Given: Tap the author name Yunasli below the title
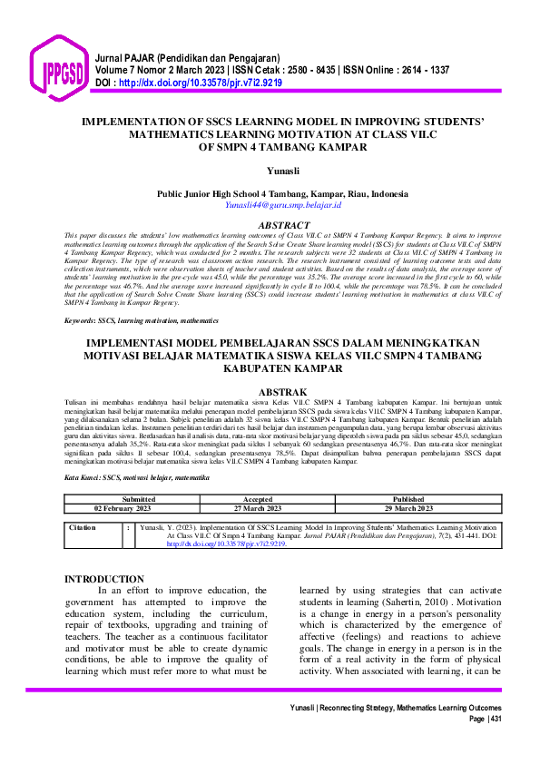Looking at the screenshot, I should pos(270,169).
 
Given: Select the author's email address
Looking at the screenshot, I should pos(270,206).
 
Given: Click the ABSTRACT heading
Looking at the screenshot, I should pos(270,224).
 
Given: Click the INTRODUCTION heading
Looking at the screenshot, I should pos(106,579).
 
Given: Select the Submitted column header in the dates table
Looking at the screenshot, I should pos(137,499).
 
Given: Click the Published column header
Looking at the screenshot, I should pos(407,499).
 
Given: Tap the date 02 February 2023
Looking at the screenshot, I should pos(137,508).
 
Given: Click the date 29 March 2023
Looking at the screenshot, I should pos(407,508).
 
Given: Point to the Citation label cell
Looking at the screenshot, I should pos(83,526).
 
